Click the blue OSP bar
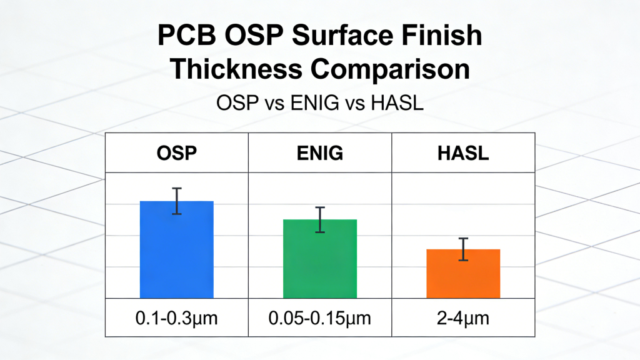(177, 250)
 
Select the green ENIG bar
(320, 259)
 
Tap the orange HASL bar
(463, 274)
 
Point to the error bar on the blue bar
(177, 201)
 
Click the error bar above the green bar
(320, 219)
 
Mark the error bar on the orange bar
(463, 249)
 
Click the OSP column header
(177, 153)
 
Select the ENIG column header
(320, 153)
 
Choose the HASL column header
(463, 153)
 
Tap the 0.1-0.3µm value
(177, 318)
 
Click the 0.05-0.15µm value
(320, 318)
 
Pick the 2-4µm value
(463, 318)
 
